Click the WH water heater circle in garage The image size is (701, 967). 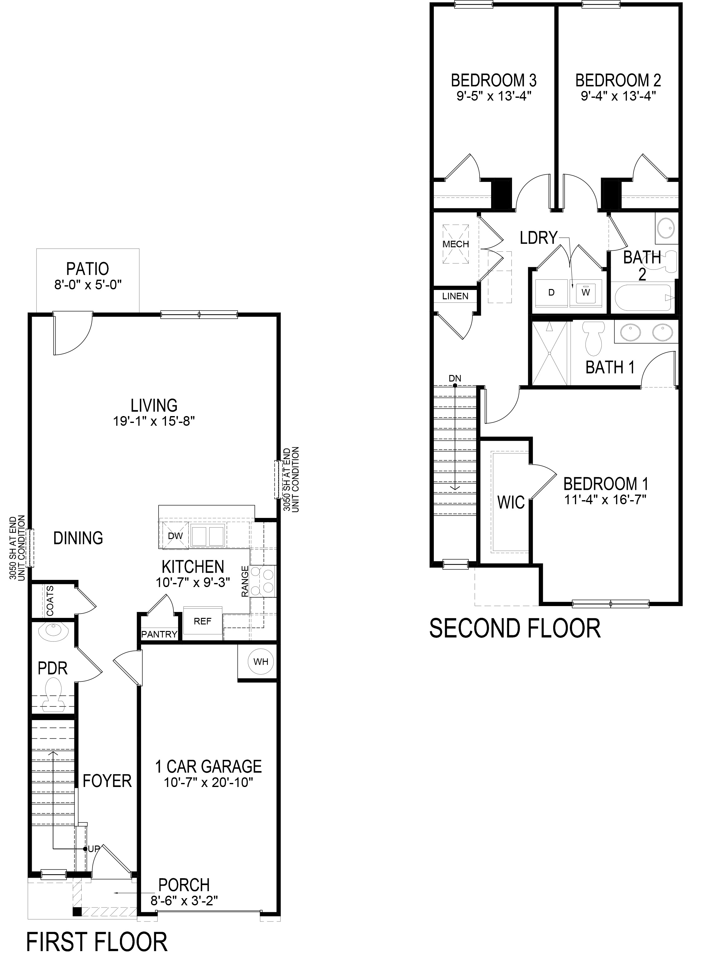pyautogui.click(x=261, y=662)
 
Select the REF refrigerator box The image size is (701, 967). pyautogui.click(x=202, y=622)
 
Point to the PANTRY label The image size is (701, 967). pyautogui.click(x=159, y=634)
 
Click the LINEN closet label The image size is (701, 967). pyautogui.click(x=455, y=296)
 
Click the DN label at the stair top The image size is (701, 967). pyautogui.click(x=455, y=378)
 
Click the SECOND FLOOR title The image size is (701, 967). pyautogui.click(x=515, y=628)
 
